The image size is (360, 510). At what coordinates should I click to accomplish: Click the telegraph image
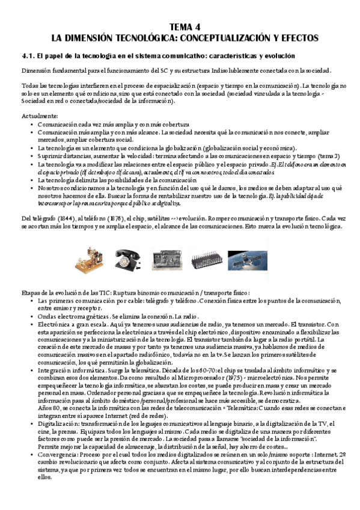click(88, 257)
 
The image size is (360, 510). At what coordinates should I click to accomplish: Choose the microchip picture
click(208, 257)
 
